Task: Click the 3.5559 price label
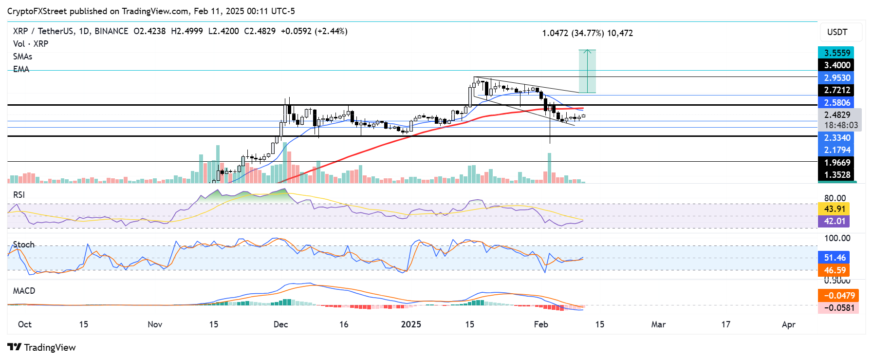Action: coord(836,53)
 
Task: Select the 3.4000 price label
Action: coord(836,65)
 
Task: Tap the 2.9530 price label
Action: coord(836,78)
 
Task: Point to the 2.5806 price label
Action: coord(836,103)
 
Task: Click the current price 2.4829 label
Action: coord(836,115)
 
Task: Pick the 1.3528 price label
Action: coord(836,175)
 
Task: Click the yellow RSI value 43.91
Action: coord(834,209)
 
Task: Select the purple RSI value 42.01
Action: coord(834,221)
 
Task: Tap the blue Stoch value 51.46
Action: coord(834,258)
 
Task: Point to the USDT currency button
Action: coord(837,32)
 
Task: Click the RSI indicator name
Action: coord(19,195)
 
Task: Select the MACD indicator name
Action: coord(24,291)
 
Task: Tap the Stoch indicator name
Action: coord(24,245)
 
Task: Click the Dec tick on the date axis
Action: coord(281,324)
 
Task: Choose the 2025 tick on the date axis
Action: coord(411,324)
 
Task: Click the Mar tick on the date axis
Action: coord(658,324)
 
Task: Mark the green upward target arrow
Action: coord(588,71)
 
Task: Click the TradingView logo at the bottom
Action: coord(42,347)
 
